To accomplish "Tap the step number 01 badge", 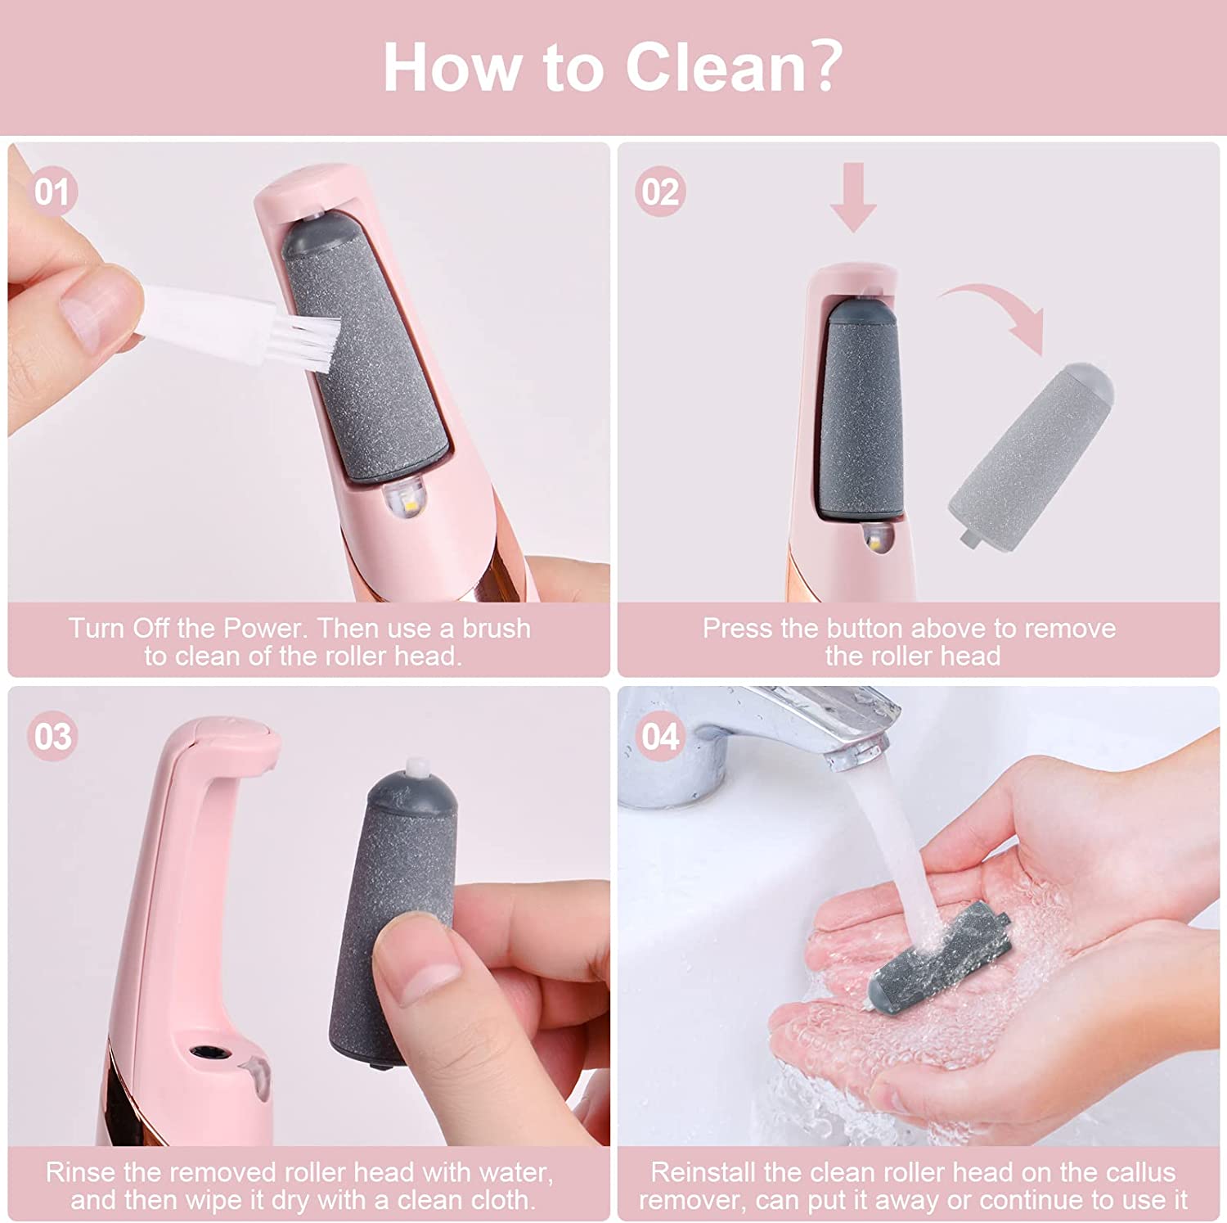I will tap(53, 192).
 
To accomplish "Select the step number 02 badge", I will tap(660, 192).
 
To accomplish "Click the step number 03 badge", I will tap(53, 736).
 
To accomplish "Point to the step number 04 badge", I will tap(660, 736).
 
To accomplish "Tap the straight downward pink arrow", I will tap(852, 196).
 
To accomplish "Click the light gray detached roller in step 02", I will tap(1031, 450).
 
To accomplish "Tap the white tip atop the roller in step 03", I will tap(419, 769).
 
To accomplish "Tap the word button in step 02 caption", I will tap(906, 629).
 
